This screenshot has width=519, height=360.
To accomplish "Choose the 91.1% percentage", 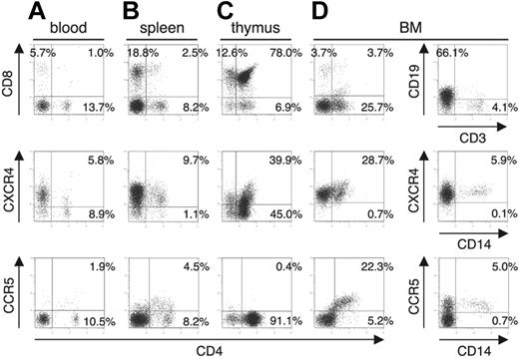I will pos(286,322).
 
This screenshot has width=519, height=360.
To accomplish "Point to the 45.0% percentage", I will pos(286,213).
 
